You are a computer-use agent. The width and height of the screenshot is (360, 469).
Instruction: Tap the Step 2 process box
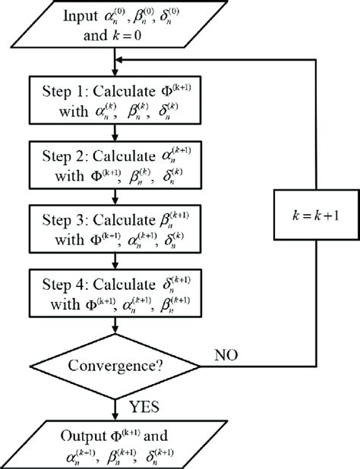[x=113, y=165]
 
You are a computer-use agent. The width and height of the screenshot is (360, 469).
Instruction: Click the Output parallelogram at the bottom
[x=113, y=444]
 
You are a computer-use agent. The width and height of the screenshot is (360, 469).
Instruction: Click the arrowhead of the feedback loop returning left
[x=119, y=60]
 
